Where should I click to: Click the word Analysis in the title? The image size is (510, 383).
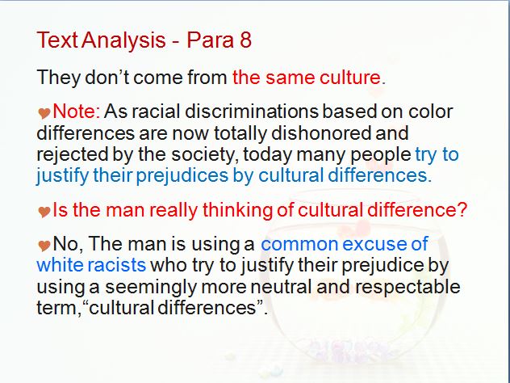[x=123, y=40]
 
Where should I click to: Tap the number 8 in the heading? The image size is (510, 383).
[x=246, y=40]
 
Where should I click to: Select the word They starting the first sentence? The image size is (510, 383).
[x=59, y=78]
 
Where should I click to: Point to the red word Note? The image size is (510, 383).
[x=77, y=112]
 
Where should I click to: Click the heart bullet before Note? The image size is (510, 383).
[x=44, y=113]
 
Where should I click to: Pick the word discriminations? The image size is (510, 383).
[x=252, y=112]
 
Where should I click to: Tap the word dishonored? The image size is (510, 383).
[x=321, y=133]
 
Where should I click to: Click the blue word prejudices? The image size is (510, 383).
[x=182, y=176]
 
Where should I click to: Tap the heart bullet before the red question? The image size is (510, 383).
[x=44, y=212]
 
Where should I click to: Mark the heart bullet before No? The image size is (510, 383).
[x=44, y=246]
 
